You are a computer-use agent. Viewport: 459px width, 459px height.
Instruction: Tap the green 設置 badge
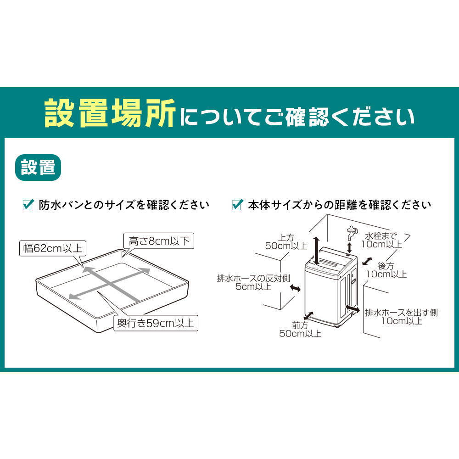38,167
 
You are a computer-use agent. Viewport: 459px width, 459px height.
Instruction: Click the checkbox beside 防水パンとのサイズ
28,205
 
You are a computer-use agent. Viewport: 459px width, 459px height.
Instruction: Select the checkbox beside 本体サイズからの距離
237,205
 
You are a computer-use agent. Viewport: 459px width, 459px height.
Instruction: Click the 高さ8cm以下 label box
159,241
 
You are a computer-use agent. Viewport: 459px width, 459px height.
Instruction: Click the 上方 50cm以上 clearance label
286,241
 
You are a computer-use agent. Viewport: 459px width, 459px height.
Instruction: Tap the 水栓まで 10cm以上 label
381,240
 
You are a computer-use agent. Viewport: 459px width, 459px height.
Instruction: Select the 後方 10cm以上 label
386,270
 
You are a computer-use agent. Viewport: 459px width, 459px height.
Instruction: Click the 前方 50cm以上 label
300,330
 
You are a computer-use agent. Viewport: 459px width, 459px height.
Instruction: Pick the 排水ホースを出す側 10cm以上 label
401,317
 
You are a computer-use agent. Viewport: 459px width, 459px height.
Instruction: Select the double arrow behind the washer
367,261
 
